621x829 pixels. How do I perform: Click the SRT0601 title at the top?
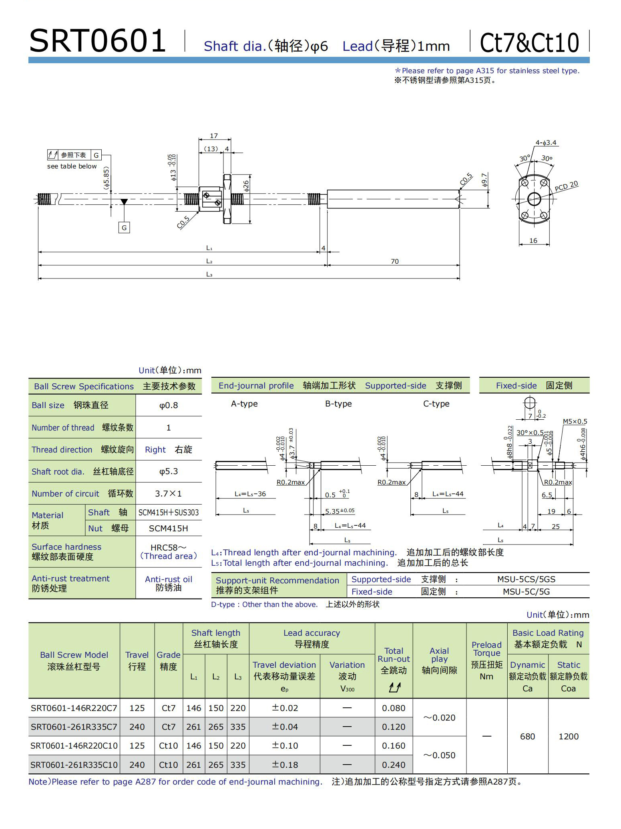97,41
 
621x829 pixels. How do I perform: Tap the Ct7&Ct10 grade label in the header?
529,43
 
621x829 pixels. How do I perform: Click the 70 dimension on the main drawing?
394,261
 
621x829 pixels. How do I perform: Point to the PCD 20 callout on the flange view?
566,186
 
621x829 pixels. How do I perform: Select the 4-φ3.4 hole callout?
546,142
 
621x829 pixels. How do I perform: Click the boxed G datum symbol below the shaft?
124,228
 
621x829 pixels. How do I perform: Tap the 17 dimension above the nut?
214,136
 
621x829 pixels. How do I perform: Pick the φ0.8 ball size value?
169,405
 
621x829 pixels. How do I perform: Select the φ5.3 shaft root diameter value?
169,471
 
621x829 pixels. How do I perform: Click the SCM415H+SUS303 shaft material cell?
169,513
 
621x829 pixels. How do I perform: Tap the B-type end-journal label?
338,404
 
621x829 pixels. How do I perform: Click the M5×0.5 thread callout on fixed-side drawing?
575,421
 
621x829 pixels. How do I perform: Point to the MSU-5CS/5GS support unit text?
526,579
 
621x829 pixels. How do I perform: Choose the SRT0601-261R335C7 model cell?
74,727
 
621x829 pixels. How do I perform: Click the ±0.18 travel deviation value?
285,765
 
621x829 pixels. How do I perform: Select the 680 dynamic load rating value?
527,736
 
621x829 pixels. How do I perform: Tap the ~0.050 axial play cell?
439,755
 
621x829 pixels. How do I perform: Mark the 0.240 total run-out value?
394,765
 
